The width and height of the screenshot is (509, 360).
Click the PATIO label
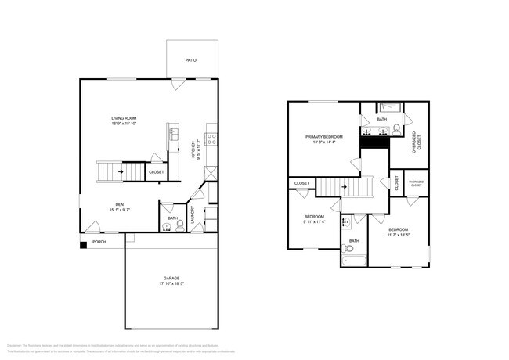click(x=190, y=59)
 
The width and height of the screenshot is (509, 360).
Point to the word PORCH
click(x=99, y=242)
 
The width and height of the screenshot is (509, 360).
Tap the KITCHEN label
click(x=193, y=148)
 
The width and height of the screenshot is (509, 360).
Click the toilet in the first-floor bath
click(x=167, y=227)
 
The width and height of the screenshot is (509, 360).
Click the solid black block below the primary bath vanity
click(x=375, y=142)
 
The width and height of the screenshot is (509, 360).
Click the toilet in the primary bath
click(x=397, y=128)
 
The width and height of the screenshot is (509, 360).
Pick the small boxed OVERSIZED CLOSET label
click(x=417, y=184)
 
